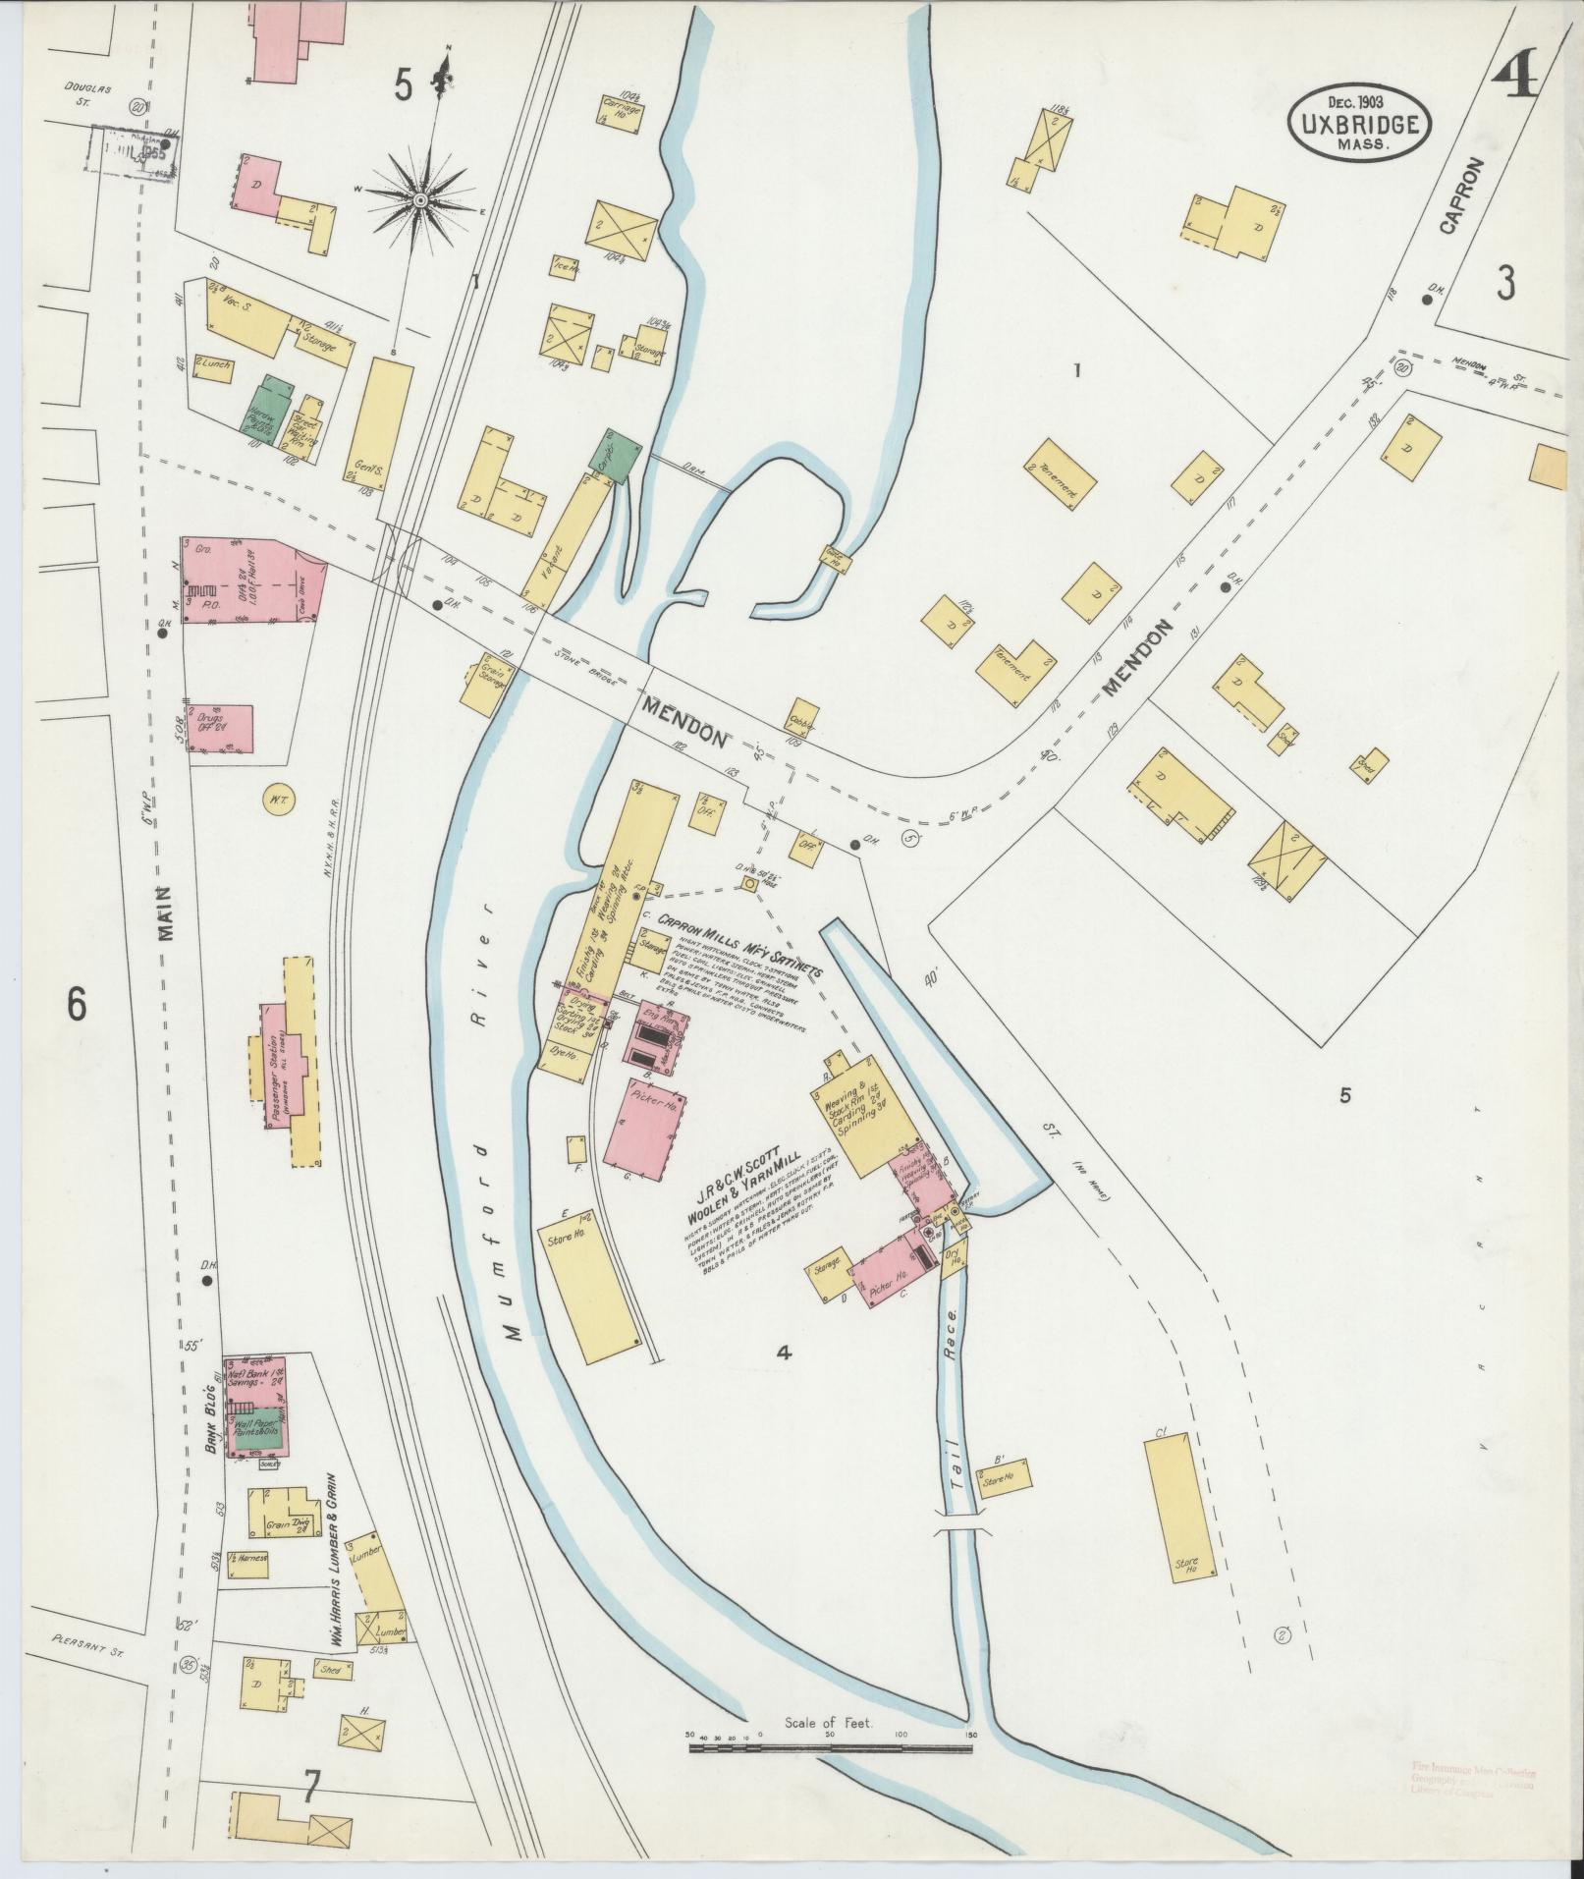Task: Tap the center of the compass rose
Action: coord(421,200)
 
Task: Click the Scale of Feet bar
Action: coord(831,1747)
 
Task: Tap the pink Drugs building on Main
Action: coord(222,729)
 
